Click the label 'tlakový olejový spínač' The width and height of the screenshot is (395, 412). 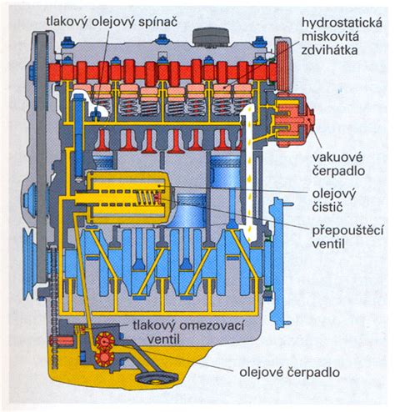(112, 23)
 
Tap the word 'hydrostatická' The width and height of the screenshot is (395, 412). (342, 23)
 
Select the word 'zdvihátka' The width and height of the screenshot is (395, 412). (330, 50)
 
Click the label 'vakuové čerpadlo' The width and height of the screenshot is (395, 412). (338, 164)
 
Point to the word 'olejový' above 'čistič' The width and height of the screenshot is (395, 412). (334, 193)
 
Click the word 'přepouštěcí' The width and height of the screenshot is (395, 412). (347, 231)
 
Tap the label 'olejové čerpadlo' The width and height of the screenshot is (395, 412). (289, 372)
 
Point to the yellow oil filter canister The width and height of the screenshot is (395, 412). (127, 197)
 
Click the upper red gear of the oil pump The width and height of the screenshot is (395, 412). (105, 340)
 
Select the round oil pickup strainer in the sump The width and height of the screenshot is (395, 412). (156, 378)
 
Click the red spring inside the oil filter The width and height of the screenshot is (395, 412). (145, 197)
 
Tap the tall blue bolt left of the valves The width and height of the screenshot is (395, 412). (78, 136)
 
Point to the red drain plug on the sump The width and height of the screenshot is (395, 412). (61, 341)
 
